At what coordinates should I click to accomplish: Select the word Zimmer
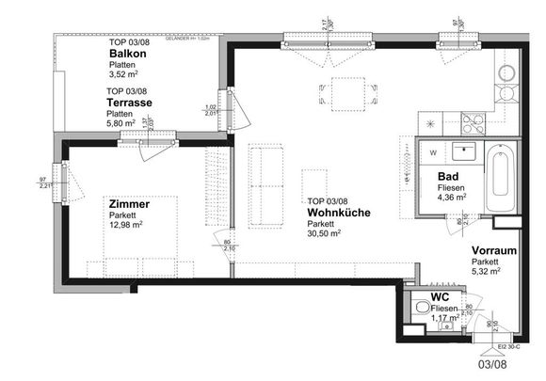(x=128, y=202)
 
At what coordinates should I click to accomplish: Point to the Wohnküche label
(x=338, y=213)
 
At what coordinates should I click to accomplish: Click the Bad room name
(x=447, y=176)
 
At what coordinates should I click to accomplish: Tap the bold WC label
(x=440, y=296)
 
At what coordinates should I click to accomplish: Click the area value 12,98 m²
(x=124, y=225)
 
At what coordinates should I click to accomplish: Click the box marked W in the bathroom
(x=433, y=151)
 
